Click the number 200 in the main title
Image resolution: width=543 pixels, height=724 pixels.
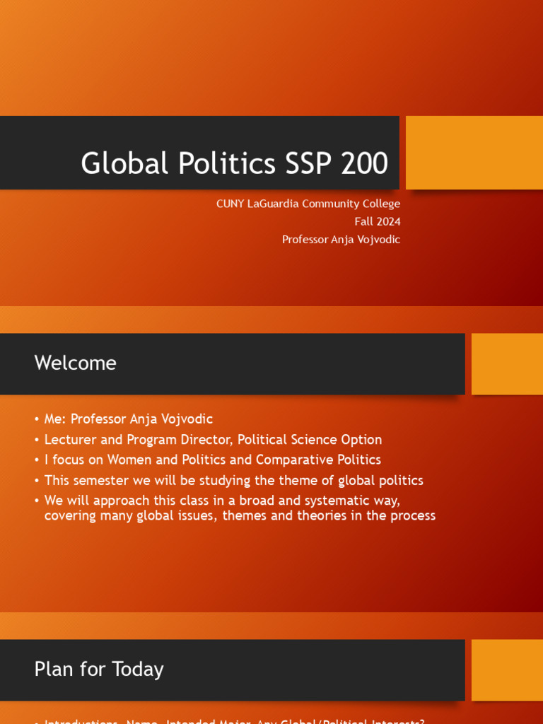(x=365, y=163)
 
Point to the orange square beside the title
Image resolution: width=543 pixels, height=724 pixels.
(x=474, y=153)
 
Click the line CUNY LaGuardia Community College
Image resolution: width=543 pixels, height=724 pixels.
(x=308, y=204)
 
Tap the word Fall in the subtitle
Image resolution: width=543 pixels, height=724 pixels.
(x=363, y=221)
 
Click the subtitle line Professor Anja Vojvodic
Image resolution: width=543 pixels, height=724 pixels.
(x=341, y=239)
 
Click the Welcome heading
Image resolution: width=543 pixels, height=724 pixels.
(x=76, y=363)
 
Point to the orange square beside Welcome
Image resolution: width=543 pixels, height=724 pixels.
(x=507, y=364)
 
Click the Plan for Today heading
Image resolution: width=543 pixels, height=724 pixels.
(x=99, y=669)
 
